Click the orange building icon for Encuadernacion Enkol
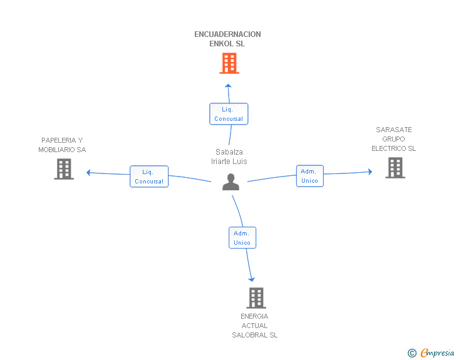(229, 63)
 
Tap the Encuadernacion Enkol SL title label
(227, 39)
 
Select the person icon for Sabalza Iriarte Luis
(231, 182)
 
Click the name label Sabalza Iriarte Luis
(229, 157)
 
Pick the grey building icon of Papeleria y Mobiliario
(64, 169)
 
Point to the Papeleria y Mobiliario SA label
(62, 145)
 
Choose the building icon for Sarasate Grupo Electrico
(395, 168)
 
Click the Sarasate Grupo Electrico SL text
(393, 139)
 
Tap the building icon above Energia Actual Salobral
(256, 298)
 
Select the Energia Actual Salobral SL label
(254, 326)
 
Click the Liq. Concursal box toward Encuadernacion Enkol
(229, 114)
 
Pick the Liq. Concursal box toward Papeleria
(149, 177)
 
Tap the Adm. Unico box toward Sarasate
(309, 176)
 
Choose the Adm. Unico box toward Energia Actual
(242, 238)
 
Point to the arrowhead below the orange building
(228, 86)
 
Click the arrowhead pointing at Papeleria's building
(89, 172)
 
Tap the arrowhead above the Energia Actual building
(252, 279)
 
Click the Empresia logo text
(437, 352)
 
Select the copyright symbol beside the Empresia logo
(412, 353)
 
